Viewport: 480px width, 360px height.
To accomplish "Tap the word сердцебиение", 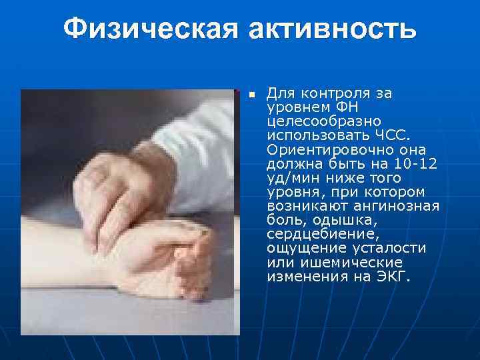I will [312, 235].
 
